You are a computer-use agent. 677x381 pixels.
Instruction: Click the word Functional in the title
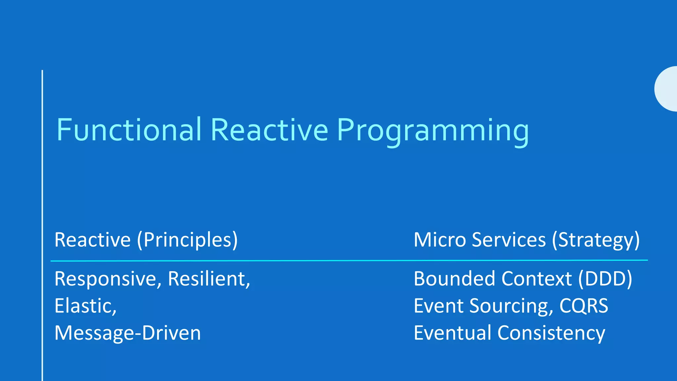(129, 130)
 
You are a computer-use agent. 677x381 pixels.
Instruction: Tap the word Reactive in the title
(269, 130)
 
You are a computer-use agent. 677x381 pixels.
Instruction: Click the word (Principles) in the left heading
(187, 240)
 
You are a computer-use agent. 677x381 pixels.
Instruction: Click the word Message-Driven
(128, 333)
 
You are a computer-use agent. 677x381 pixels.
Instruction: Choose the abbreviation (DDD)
(605, 279)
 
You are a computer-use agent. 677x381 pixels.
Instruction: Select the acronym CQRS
(583, 306)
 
